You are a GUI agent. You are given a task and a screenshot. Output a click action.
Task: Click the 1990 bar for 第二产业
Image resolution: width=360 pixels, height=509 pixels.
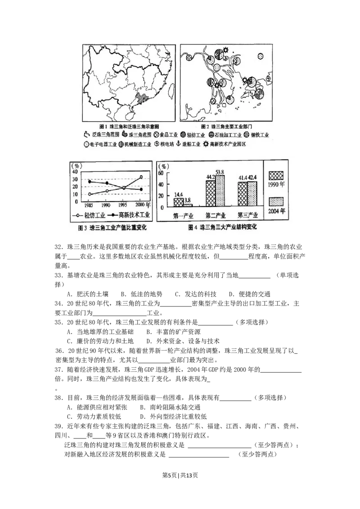tap(210, 194)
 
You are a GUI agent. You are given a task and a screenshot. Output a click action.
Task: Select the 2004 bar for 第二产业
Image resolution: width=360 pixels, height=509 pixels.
tap(220, 192)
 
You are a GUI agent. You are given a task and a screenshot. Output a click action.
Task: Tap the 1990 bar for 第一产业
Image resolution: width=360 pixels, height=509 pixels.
tap(178, 202)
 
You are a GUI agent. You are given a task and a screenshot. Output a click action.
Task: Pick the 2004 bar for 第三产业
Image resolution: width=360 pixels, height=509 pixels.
tap(252, 195)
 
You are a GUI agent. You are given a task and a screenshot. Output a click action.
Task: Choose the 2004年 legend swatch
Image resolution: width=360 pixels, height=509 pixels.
tap(276, 201)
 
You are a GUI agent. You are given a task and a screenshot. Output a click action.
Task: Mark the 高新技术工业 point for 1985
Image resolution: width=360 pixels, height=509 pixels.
tap(90, 182)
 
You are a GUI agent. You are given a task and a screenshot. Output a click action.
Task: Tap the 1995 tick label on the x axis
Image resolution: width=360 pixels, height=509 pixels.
tap(124, 205)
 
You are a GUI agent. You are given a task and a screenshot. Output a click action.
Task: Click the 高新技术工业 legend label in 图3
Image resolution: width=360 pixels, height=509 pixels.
tap(134, 216)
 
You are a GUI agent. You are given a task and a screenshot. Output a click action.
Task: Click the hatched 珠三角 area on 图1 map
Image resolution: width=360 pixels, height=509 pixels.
tap(143, 98)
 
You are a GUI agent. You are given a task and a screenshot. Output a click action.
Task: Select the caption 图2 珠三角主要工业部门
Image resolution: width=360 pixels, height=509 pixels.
tap(225, 126)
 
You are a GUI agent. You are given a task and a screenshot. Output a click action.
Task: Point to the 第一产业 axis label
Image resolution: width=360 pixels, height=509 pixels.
tap(183, 215)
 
